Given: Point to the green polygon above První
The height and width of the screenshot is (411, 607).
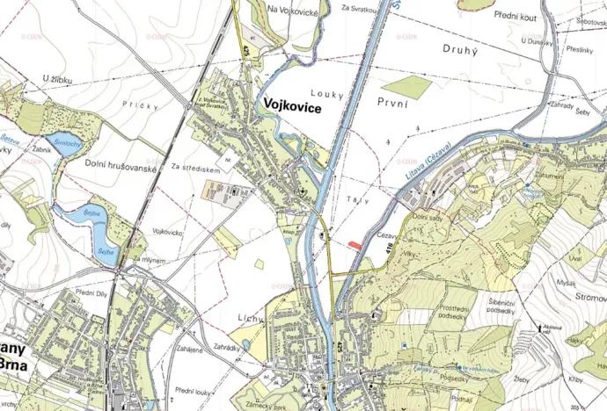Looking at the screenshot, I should [x=407, y=86].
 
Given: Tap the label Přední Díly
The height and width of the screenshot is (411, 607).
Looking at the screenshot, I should [x=91, y=292].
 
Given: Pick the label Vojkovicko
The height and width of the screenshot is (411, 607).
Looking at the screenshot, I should [x=167, y=232].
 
